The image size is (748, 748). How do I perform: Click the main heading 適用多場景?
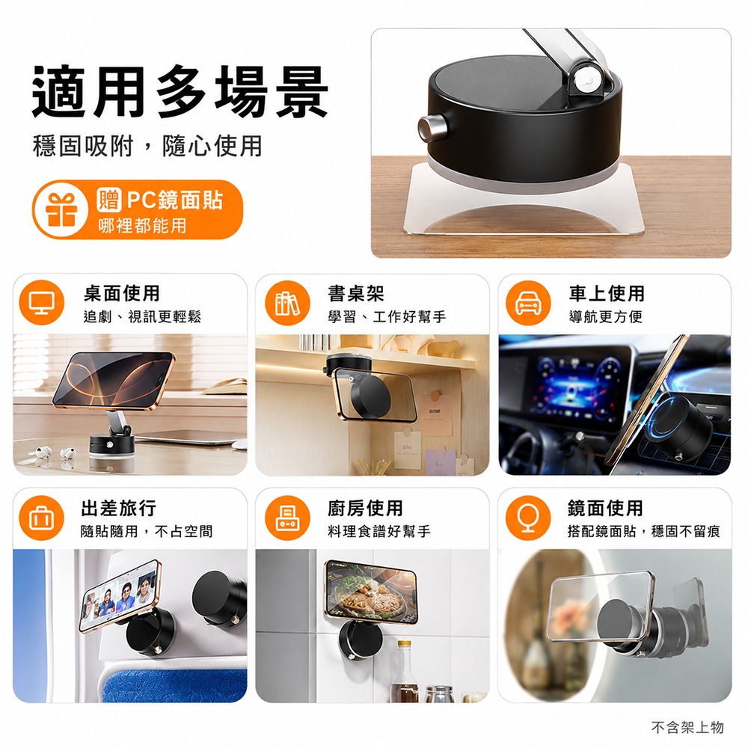click(x=180, y=91)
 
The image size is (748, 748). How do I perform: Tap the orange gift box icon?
click(x=61, y=210)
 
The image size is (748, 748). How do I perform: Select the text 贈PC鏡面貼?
click(x=160, y=200)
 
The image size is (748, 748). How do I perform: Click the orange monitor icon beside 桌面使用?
click(x=41, y=302)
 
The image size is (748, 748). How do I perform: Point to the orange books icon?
click(x=288, y=303)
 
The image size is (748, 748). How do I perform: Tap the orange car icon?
click(x=529, y=303)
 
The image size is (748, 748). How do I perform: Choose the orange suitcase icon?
click(x=41, y=518)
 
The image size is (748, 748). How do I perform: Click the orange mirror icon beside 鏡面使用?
click(x=529, y=518)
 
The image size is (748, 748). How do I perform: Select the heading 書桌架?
click(x=356, y=293)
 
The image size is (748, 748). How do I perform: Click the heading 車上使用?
click(x=607, y=293)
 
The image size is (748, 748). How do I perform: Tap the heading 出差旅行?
click(x=119, y=508)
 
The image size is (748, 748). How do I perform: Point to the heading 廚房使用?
click(x=366, y=508)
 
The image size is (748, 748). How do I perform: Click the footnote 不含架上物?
click(x=687, y=728)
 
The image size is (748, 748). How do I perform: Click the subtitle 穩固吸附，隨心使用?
click(x=147, y=146)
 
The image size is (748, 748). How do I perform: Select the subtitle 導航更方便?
click(x=606, y=316)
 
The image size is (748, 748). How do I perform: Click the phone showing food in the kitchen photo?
click(x=370, y=592)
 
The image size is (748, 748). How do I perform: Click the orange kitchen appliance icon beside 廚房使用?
click(x=288, y=518)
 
